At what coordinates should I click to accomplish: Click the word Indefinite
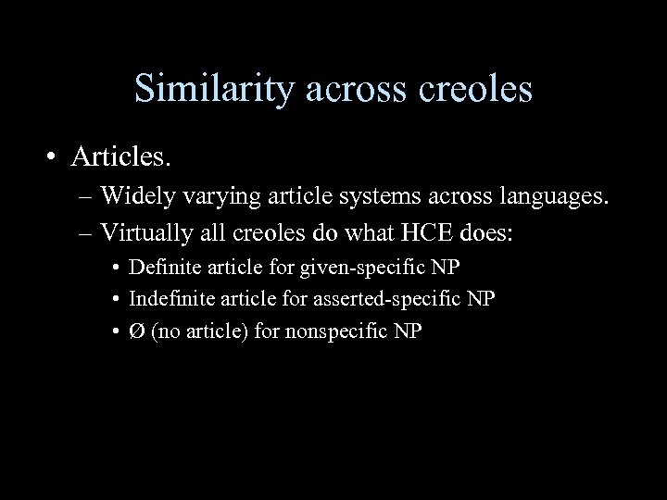[168, 299]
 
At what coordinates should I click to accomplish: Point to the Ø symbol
[135, 331]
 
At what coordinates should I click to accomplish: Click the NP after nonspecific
[409, 331]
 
